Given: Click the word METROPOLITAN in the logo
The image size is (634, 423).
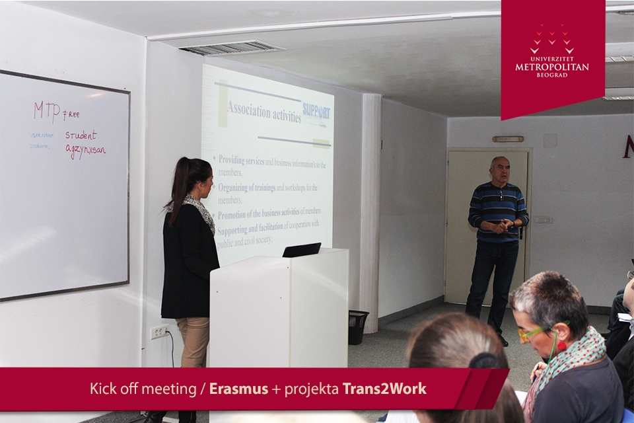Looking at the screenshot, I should click(x=552, y=67).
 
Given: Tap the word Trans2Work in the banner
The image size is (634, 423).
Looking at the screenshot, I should click(x=384, y=389).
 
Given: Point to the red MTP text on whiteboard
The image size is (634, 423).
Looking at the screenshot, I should click(x=47, y=111).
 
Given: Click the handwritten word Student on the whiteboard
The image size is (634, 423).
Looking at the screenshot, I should click(x=81, y=135).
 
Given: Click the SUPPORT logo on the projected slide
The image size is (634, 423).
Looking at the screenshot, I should click(x=316, y=111).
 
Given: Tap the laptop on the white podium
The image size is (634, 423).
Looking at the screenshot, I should click(x=302, y=250).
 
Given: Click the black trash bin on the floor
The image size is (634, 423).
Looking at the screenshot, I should click(x=357, y=327).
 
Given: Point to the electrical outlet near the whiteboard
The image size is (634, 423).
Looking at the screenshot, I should click(x=158, y=332).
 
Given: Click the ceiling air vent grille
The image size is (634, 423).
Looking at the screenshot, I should click(x=231, y=48).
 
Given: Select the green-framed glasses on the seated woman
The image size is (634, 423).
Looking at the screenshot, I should click(x=535, y=332).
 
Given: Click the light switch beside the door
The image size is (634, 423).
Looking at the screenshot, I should click(x=543, y=219).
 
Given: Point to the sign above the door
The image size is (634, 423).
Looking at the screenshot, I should click(x=507, y=139).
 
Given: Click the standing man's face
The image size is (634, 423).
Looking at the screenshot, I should click(x=500, y=171).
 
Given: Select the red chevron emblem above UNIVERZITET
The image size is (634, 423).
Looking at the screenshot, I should click(x=552, y=38).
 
